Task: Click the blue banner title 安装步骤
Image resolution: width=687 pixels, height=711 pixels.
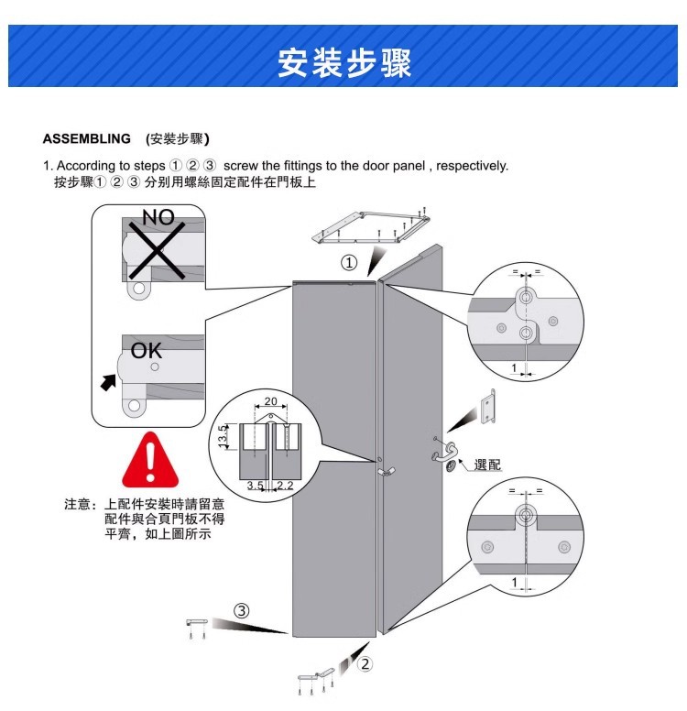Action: pyautogui.click(x=344, y=61)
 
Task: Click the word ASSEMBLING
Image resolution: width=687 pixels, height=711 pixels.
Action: pyautogui.click(x=87, y=139)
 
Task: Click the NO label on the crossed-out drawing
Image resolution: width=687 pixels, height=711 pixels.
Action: pyautogui.click(x=158, y=217)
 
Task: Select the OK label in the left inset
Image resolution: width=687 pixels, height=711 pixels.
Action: pyautogui.click(x=147, y=351)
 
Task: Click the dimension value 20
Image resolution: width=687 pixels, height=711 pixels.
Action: pyautogui.click(x=270, y=402)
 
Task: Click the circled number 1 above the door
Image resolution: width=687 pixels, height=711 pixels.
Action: pyautogui.click(x=349, y=264)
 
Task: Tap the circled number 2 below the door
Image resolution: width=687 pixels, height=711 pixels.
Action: pyautogui.click(x=364, y=664)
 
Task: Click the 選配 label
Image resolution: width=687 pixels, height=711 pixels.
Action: pyautogui.click(x=487, y=465)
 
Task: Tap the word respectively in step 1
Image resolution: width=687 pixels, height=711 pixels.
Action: pyautogui.click(x=473, y=166)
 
